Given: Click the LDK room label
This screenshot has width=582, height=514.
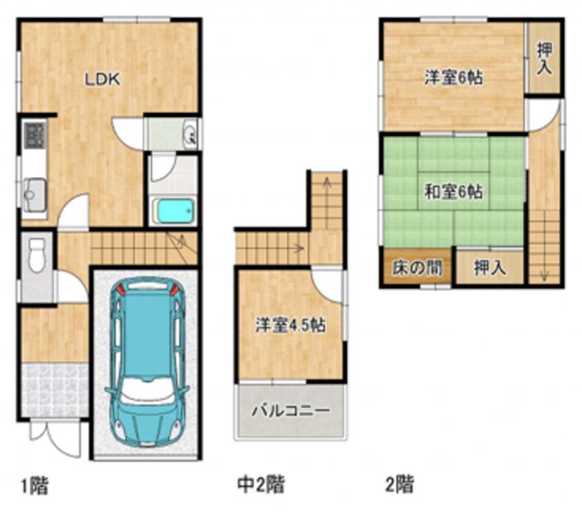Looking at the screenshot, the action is [103, 80].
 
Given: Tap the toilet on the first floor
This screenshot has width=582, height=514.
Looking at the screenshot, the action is [37, 255].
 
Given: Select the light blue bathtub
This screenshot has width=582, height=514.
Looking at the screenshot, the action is [174, 211].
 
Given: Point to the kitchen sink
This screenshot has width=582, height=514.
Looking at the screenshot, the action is [34, 194].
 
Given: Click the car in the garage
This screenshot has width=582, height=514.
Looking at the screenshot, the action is [147, 362].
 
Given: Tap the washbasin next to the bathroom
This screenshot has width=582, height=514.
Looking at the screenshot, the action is [190, 134].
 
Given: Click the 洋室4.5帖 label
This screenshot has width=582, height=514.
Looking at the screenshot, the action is [290, 326].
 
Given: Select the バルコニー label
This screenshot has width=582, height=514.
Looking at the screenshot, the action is [291, 410].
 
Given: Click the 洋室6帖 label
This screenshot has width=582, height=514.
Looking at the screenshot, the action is [454, 78].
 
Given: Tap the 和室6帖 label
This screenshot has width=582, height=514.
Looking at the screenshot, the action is [454, 192].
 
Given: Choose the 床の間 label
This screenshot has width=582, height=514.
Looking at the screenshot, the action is [417, 268].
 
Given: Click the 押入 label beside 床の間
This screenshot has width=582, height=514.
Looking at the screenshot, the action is [490, 267].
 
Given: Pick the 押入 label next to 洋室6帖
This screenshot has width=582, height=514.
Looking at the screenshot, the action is [544, 58].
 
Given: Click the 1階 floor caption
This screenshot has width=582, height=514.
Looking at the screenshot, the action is [34, 485].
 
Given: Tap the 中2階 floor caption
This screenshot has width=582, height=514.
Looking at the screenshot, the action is [261, 484].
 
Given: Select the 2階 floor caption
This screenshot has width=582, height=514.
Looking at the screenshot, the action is [400, 484].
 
